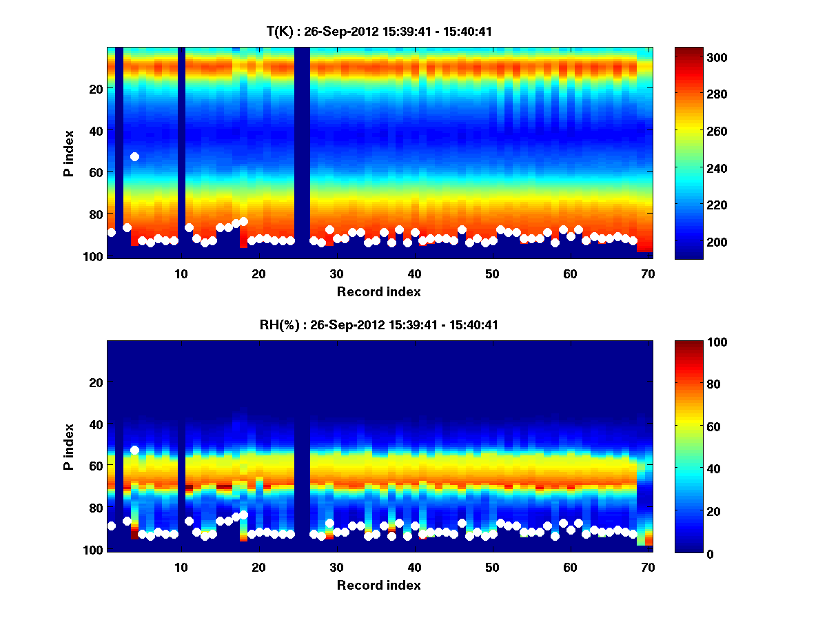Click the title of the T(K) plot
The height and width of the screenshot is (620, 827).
pyautogui.click(x=379, y=31)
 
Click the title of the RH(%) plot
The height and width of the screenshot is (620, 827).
pyautogui.click(x=379, y=324)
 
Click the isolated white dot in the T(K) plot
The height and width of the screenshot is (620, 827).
pyautogui.click(x=135, y=157)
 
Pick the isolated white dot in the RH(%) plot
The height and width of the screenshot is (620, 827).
pyautogui.click(x=135, y=450)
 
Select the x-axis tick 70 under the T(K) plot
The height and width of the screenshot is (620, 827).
pyautogui.click(x=648, y=273)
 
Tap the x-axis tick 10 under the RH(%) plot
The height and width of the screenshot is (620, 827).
pyautogui.click(x=181, y=567)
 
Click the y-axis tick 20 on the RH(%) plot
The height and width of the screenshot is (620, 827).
pyautogui.click(x=95, y=382)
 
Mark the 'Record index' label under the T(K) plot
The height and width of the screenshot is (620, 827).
pyautogui.click(x=379, y=291)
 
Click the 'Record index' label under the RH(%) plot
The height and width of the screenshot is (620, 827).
pyautogui.click(x=379, y=585)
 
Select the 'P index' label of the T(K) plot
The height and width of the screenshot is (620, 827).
pyautogui.click(x=69, y=154)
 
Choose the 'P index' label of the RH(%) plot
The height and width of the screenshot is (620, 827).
pyautogui.click(x=69, y=447)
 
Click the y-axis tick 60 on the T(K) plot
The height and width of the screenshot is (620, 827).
pyautogui.click(x=95, y=172)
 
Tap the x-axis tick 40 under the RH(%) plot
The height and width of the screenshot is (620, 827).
pyautogui.click(x=414, y=567)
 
